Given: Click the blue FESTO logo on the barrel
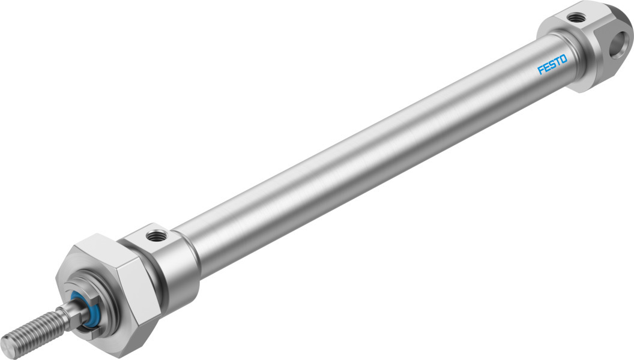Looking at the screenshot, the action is [552, 65].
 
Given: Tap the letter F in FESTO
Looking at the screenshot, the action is [540, 70].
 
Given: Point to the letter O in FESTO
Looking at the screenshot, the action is [564, 59].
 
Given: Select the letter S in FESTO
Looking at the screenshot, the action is [552, 65].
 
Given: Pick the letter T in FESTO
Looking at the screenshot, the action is [558, 62].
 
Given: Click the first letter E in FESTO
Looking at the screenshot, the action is [546, 67].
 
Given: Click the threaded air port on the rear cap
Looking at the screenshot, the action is [573, 17].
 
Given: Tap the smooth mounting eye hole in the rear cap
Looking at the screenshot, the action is [620, 43].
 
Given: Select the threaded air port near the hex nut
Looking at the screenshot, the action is [155, 235].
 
